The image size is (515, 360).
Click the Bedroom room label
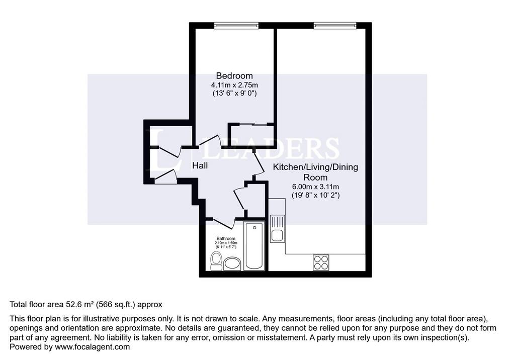[234, 76]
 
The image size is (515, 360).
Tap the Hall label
[200, 165]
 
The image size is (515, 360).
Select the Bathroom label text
[226, 238]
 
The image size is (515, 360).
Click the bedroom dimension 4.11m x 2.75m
[234, 85]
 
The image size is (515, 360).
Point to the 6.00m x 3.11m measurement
[316, 187]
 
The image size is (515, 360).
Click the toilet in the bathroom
[216, 261]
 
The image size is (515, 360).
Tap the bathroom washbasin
[232, 264]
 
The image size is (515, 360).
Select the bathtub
[254, 245]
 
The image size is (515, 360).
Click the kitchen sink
[277, 228]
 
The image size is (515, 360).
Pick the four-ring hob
[321, 262]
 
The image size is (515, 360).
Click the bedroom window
[236, 25]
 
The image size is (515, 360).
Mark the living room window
[334, 25]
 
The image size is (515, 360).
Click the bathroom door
[223, 223]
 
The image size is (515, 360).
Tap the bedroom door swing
[210, 140]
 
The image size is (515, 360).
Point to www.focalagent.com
[93, 347]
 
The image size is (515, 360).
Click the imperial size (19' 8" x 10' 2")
[316, 195]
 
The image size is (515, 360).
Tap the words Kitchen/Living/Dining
[316, 167]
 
